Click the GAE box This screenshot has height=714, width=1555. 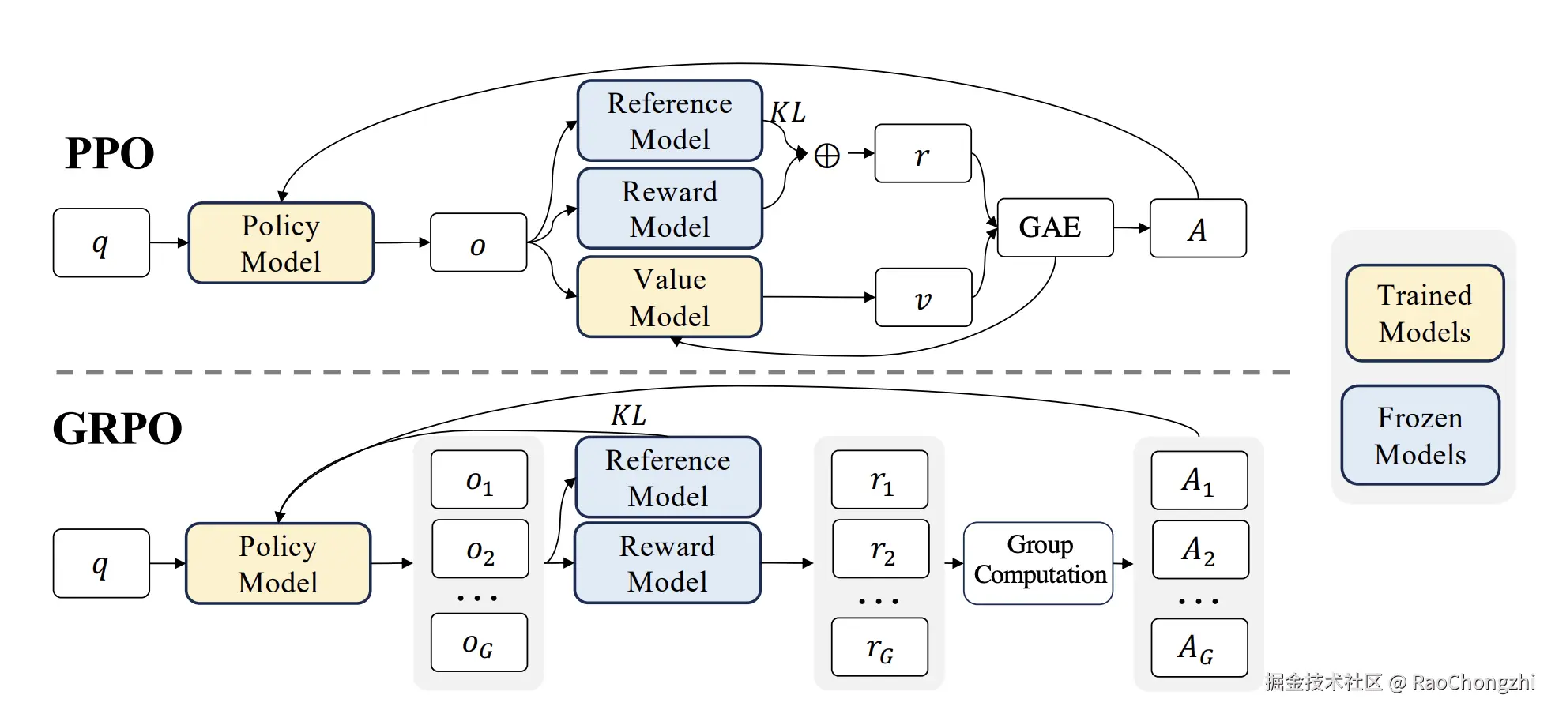point(1055,227)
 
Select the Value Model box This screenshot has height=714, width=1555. point(670,297)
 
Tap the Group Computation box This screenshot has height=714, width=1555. point(1038,563)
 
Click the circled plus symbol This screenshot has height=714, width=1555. point(826,155)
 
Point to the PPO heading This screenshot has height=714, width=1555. point(110,153)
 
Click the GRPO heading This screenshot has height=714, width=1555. point(118,429)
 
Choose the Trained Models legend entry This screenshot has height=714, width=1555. point(1425,313)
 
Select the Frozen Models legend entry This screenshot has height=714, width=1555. point(1420,435)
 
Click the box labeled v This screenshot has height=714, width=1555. point(924,298)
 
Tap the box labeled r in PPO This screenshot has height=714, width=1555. point(923,153)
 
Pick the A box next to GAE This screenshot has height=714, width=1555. point(1198,228)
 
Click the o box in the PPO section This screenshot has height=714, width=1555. point(479,242)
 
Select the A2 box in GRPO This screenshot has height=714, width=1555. point(1200,549)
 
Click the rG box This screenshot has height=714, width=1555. point(880,648)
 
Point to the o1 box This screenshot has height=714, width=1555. point(479,479)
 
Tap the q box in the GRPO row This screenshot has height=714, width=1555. point(101,563)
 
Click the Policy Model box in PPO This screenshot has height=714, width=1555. point(281,242)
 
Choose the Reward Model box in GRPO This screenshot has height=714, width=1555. point(668,563)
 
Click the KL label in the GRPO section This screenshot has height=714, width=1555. point(629,415)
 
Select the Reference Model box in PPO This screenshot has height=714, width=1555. point(670,120)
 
